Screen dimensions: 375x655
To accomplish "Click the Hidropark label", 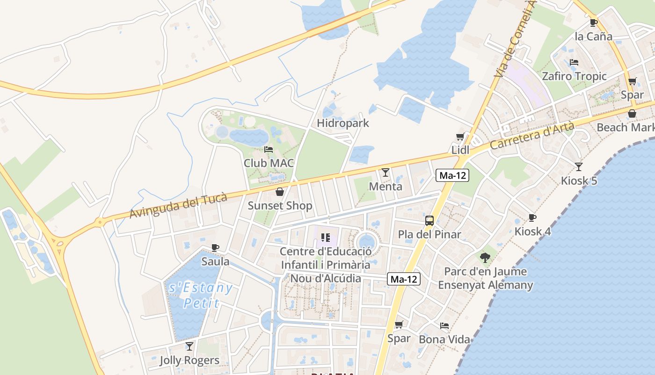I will point(343,123).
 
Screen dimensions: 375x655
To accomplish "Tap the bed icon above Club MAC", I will point(269,150).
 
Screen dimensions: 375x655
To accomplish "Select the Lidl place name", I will point(460,150).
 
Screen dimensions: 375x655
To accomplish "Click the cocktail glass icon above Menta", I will point(385,172).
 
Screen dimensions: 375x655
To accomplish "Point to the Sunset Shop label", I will point(280,206).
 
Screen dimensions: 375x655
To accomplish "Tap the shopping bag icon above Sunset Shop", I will point(280,192).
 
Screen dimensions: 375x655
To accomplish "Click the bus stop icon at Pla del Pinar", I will point(429,220).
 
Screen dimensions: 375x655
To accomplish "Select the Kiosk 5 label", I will point(579,180).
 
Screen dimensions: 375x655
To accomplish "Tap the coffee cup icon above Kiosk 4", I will point(532,217).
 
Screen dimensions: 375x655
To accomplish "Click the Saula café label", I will point(215,261).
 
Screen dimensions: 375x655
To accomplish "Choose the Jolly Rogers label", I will point(189,360).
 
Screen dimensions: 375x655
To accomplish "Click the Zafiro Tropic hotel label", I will point(574,76).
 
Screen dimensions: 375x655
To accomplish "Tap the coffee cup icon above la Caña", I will point(593,22).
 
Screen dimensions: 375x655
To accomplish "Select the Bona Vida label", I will point(444,339).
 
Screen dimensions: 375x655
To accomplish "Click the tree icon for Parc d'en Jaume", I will point(485,257).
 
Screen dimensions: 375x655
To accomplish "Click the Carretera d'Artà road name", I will point(532,136).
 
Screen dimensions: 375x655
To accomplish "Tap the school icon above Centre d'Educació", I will point(326,238).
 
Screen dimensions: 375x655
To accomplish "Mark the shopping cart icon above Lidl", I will point(460,136).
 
